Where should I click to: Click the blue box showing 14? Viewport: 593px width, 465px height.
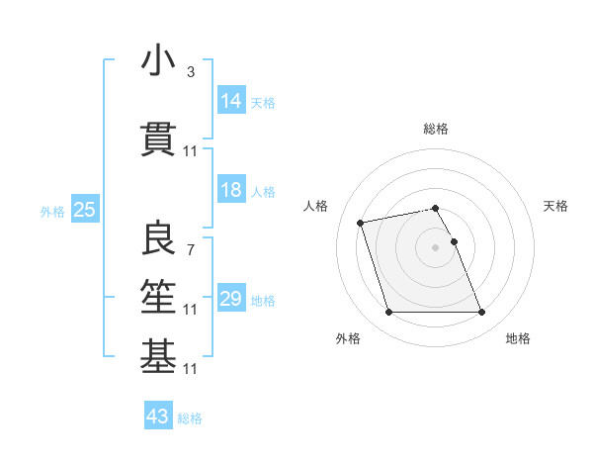click(230, 101)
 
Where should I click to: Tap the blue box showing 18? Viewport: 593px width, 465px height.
click(230, 190)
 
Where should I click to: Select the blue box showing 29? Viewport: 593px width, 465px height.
click(230, 299)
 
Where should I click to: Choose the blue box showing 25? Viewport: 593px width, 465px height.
click(84, 210)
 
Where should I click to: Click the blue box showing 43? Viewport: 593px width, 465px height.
click(157, 417)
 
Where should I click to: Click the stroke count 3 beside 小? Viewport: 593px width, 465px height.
click(190, 73)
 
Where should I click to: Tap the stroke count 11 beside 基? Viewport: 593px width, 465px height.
click(191, 369)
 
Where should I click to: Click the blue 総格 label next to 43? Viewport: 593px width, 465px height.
click(190, 418)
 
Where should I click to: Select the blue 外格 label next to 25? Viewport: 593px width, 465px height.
click(52, 212)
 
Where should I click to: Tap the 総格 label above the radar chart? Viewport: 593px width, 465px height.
click(435, 129)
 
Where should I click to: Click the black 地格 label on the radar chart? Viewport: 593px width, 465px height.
click(518, 338)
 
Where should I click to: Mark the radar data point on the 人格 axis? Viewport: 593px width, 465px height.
click(361, 222)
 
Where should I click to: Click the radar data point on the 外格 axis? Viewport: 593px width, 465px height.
click(388, 313)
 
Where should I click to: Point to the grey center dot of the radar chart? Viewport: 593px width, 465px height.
click(435, 246)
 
